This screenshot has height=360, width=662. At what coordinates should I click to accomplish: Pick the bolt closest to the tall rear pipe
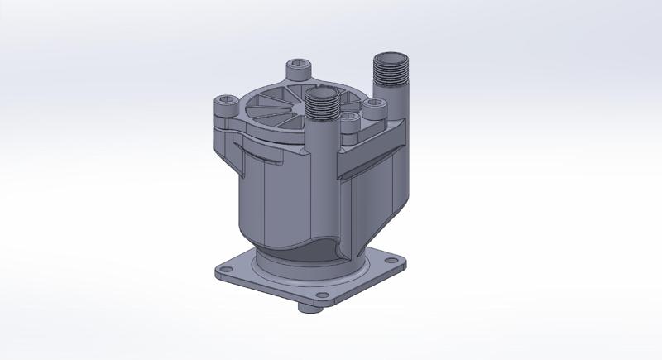(x=375, y=104)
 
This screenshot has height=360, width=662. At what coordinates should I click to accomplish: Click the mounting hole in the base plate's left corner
(x=223, y=268)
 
